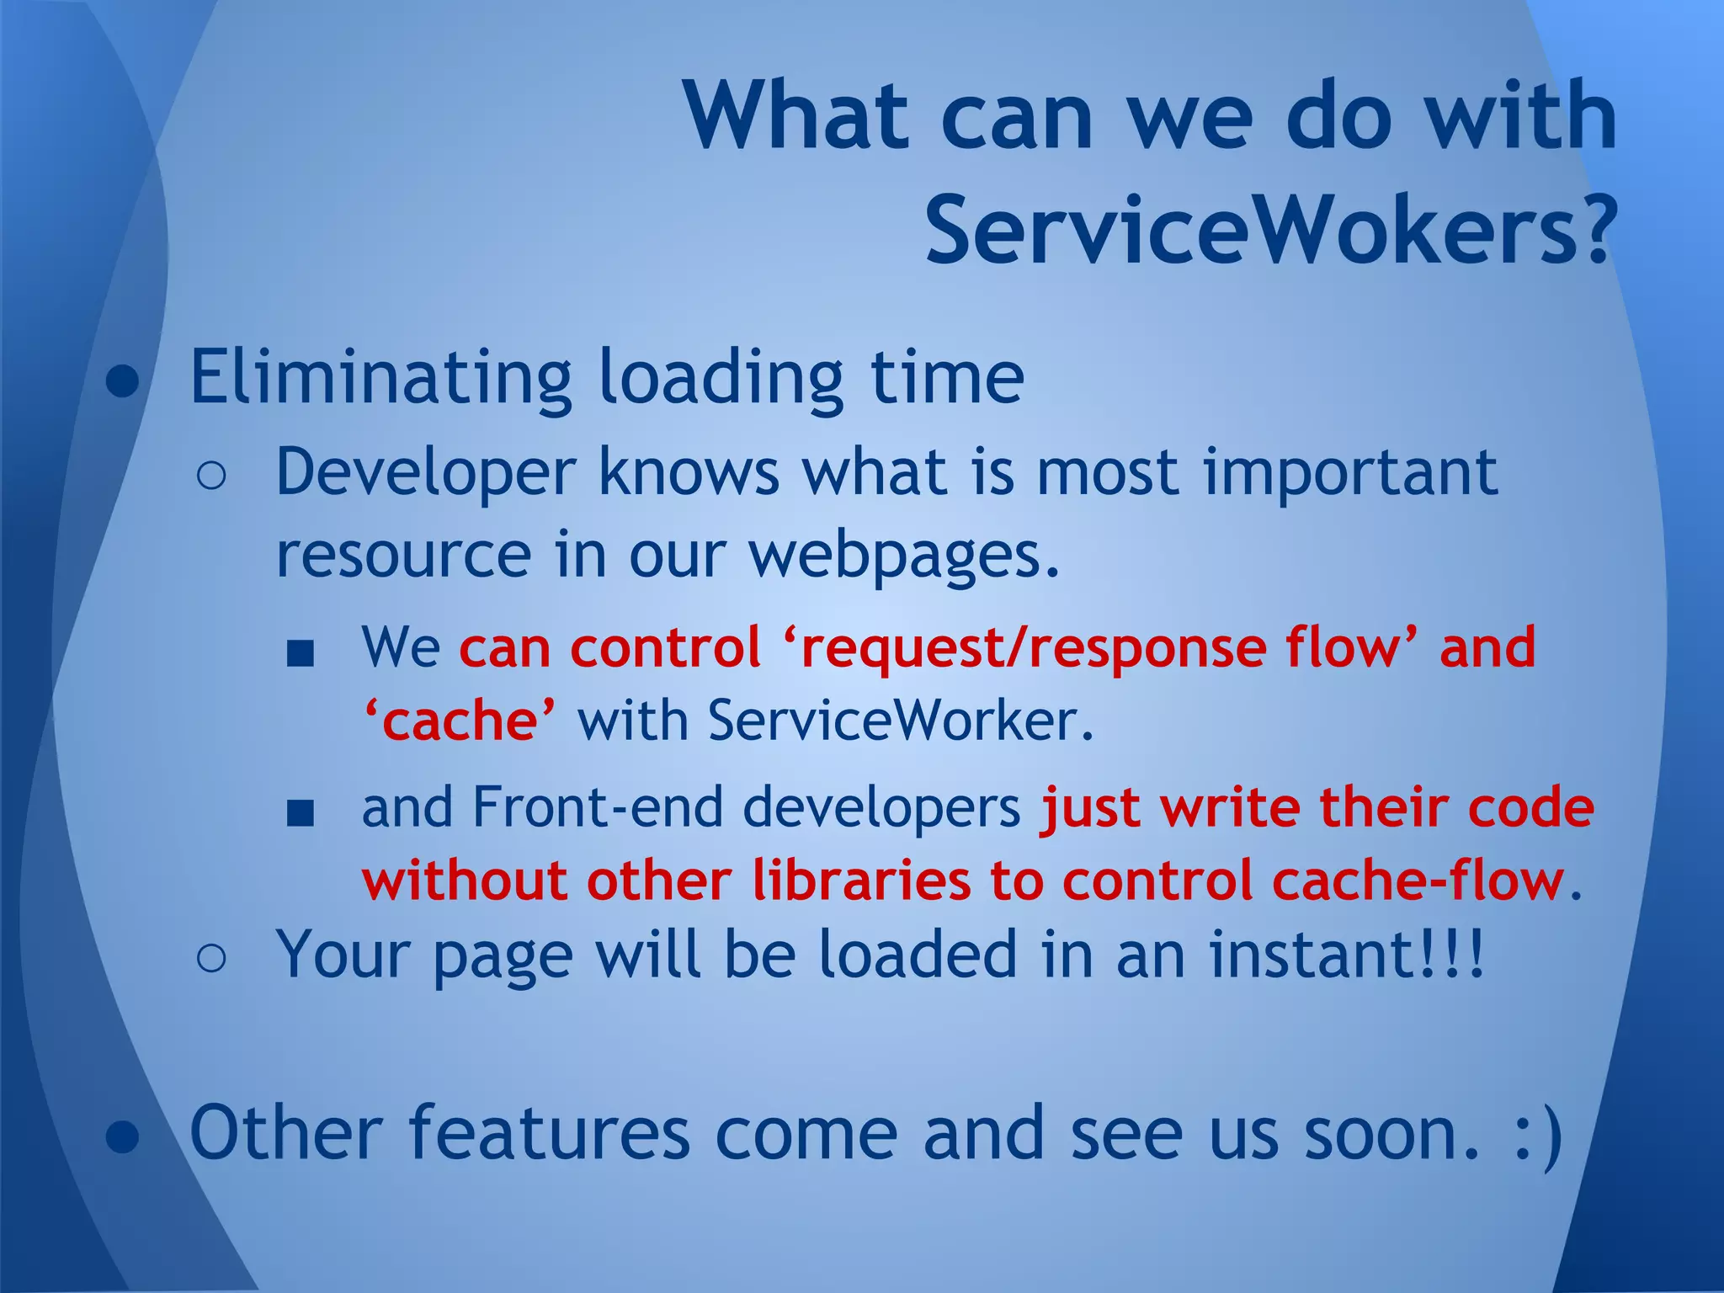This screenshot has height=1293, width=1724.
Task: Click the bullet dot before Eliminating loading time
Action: (123, 381)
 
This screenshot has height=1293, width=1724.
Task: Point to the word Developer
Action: (425, 474)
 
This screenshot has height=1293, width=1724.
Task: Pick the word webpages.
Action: (904, 556)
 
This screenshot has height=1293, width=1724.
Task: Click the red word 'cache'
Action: (460, 721)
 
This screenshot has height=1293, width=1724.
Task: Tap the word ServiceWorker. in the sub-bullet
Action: (901, 721)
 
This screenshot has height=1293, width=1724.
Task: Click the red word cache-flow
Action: (1418, 881)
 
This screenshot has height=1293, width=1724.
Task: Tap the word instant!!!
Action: (1347, 955)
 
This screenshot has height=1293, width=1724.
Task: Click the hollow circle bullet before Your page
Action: (211, 959)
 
